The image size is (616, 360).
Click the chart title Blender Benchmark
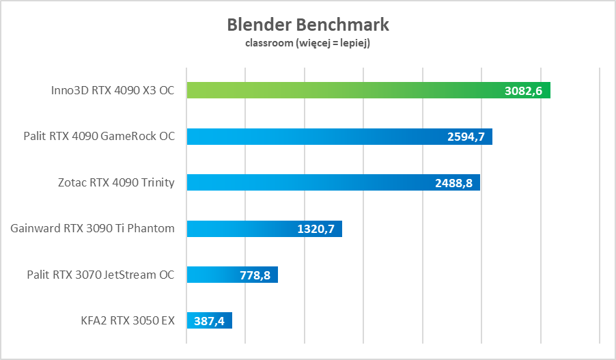(x=308, y=25)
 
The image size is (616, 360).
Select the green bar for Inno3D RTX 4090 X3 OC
(x=341, y=90)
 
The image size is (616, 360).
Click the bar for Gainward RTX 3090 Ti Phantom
(x=239, y=229)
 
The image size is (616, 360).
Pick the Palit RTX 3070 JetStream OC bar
(x=212, y=275)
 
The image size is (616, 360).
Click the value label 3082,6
(x=524, y=91)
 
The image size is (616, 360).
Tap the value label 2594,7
(x=466, y=137)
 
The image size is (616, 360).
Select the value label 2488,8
(x=453, y=183)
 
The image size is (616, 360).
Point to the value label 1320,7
(x=316, y=229)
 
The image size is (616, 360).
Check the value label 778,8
(x=256, y=275)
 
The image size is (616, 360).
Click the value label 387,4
(x=210, y=321)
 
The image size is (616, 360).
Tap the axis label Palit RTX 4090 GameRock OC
(x=98, y=137)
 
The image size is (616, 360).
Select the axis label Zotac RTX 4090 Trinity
(x=116, y=182)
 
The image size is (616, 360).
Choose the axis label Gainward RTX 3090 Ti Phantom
(x=93, y=228)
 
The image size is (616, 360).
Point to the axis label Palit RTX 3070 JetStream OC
(x=100, y=275)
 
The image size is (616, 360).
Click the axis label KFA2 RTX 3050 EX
(x=128, y=320)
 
